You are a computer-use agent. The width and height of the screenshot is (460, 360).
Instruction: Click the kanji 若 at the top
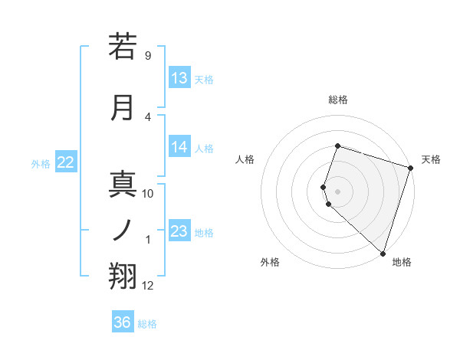click(123, 46)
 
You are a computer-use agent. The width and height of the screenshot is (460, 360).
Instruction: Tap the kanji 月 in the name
click(123, 107)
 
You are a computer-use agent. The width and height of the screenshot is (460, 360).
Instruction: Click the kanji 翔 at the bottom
click(123, 277)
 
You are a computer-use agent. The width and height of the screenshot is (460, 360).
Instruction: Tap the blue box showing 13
click(179, 78)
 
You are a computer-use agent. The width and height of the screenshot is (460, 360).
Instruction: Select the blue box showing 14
click(179, 148)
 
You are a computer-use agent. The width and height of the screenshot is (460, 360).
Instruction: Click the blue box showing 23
click(179, 231)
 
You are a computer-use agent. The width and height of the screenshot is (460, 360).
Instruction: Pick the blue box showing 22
click(66, 162)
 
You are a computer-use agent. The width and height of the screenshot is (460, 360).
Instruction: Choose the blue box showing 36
click(123, 322)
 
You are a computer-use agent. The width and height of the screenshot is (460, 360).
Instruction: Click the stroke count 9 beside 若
click(148, 56)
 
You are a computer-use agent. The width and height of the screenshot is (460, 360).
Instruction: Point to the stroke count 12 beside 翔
click(148, 286)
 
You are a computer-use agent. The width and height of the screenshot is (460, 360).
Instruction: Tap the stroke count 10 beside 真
click(148, 194)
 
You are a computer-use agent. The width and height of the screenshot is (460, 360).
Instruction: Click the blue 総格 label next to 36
click(147, 324)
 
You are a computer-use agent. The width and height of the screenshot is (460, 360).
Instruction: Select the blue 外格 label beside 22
click(41, 163)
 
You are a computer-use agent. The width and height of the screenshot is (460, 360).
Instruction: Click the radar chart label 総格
click(338, 100)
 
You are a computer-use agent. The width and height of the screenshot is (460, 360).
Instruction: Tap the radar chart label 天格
click(431, 159)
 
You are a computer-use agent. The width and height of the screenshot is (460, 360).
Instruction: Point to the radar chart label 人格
click(245, 159)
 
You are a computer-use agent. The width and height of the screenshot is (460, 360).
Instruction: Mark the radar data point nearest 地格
click(383, 253)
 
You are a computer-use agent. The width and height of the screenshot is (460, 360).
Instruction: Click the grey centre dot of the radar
click(337, 191)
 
